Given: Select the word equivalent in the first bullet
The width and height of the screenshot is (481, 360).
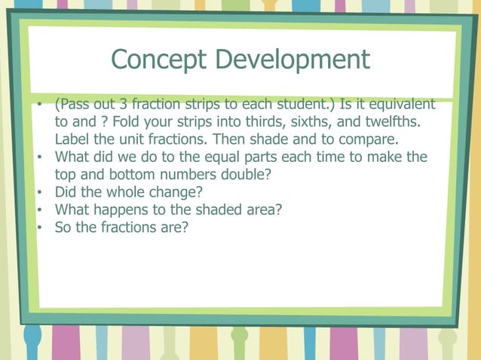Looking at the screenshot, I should click(400, 104).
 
